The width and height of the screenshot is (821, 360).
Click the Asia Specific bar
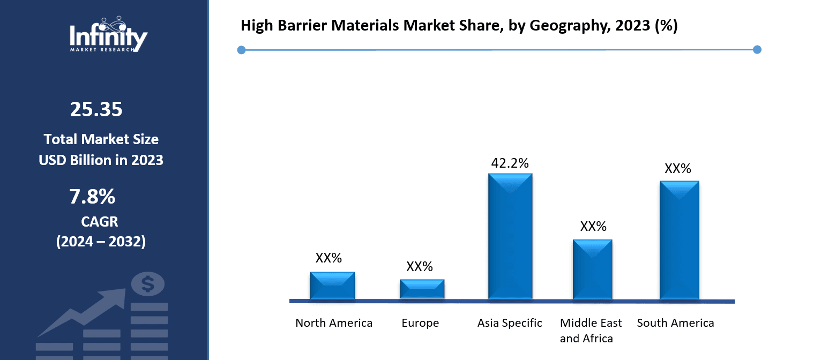[x=510, y=236]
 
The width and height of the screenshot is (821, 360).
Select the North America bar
[x=332, y=286]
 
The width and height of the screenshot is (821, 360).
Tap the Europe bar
[x=422, y=289]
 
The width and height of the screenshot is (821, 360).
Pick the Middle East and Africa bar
[x=592, y=269]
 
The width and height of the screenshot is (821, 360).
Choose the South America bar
[x=679, y=240]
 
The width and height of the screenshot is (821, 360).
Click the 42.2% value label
[x=510, y=163]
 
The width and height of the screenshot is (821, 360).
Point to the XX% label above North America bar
[x=329, y=258]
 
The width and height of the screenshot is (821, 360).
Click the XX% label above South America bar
[x=678, y=169]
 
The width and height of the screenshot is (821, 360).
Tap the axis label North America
[x=334, y=323]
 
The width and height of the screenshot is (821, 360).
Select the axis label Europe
[x=420, y=323]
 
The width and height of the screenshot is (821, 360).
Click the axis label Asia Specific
[x=510, y=323]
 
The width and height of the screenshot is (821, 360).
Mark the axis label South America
[x=675, y=323]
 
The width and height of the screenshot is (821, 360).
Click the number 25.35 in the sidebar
[x=96, y=110]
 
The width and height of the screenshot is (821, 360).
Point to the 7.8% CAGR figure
[x=92, y=197]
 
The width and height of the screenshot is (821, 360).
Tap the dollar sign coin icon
[x=147, y=284]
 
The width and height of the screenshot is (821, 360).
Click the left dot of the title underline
[x=241, y=50]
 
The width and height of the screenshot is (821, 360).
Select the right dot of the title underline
[x=757, y=50]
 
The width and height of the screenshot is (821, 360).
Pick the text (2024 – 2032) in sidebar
[x=101, y=242]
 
